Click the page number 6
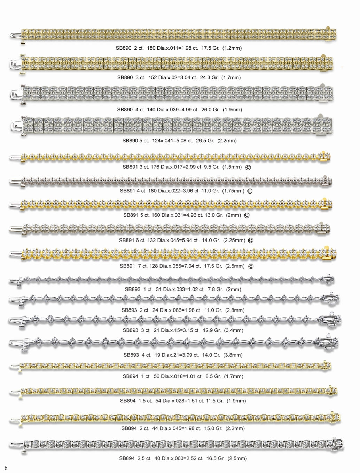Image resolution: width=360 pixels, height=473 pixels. point(6,467)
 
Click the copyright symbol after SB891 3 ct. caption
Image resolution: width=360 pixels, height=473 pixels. point(248,167)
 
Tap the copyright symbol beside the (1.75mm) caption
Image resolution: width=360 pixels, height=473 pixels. point(250,191)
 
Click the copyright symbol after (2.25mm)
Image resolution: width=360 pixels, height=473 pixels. point(250,241)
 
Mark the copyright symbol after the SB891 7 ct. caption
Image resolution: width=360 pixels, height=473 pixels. point(251,267)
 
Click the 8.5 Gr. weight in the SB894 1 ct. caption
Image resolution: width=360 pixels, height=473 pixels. point(213,376)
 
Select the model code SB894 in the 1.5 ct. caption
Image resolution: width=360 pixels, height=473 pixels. point(127,401)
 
